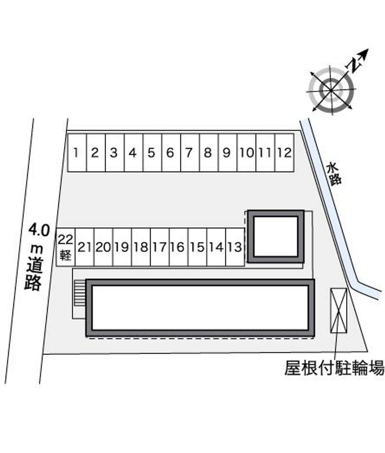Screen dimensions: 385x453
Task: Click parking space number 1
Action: (x=77, y=152)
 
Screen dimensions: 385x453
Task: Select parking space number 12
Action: (x=284, y=152)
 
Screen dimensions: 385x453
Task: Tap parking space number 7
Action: (x=190, y=152)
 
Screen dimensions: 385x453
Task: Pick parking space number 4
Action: (x=133, y=152)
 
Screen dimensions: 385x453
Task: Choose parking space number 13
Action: (x=235, y=247)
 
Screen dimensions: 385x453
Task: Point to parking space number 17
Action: (x=159, y=247)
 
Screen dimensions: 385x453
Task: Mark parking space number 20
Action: (x=103, y=247)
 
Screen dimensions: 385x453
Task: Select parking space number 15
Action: (x=197, y=247)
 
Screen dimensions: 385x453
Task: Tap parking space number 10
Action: (x=246, y=152)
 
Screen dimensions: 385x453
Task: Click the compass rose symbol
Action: (x=331, y=88)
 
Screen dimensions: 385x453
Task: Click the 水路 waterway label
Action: (x=334, y=174)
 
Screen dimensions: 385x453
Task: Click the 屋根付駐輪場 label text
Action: (x=334, y=369)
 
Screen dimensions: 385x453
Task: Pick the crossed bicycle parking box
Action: (x=338, y=310)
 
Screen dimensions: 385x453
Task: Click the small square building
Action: (x=275, y=236)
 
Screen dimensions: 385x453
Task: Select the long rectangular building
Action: (x=200, y=307)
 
